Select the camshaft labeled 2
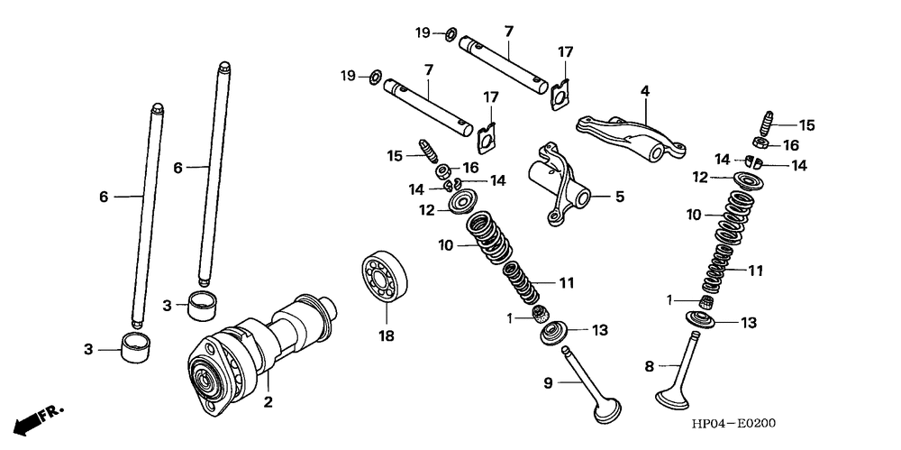pyautogui.click(x=270, y=343)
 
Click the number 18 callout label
pyautogui.click(x=387, y=336)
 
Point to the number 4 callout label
pyautogui.click(x=645, y=90)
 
